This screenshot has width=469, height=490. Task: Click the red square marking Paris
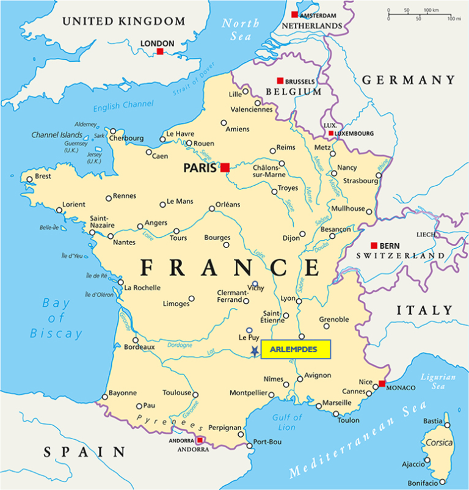coord(225,167)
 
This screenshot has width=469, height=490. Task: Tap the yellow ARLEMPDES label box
coord(296,349)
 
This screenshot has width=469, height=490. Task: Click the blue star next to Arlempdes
coord(254,351)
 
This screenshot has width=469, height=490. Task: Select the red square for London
coord(160,52)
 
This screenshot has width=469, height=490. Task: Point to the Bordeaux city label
coord(139,347)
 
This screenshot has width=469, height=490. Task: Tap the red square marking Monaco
coord(382,384)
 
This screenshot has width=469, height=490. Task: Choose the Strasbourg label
coord(360,181)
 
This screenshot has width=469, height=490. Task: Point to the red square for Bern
coord(374,245)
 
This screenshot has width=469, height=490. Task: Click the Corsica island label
coord(438,442)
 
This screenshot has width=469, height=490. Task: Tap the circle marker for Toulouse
coord(196,393)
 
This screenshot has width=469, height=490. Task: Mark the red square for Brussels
coord(280,81)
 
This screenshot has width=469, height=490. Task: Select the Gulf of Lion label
coord(286,422)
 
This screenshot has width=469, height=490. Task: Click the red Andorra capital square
coord(200,440)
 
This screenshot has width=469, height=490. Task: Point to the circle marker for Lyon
coord(299,301)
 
